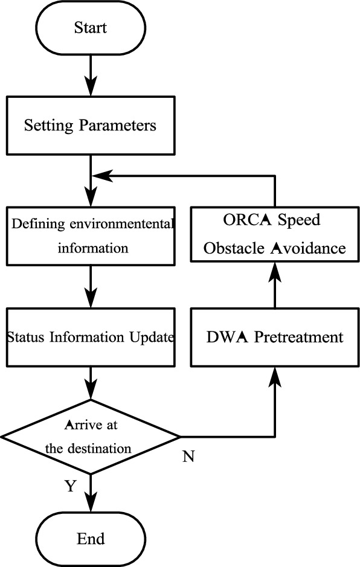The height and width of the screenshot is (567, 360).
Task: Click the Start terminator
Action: (x=90, y=27)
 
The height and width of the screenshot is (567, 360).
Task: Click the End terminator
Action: (x=90, y=538)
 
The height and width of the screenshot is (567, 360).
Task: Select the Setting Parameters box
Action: (x=90, y=126)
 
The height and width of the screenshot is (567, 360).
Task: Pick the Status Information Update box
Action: (x=90, y=336)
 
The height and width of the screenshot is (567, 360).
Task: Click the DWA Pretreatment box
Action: (x=275, y=336)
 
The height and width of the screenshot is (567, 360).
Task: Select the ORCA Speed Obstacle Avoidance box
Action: (x=275, y=235)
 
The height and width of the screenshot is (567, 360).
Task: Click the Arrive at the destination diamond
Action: (x=90, y=436)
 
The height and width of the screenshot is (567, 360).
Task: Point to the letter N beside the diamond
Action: (x=188, y=456)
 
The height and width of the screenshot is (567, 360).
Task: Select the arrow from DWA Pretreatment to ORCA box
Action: (x=275, y=284)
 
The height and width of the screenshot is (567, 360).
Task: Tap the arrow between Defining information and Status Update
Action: (x=90, y=285)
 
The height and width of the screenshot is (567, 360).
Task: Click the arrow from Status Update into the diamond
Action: (x=90, y=383)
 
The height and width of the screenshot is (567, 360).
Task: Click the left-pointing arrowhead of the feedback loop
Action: (x=99, y=176)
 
